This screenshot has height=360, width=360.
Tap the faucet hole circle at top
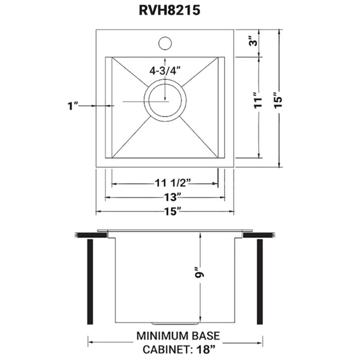tap(165, 43)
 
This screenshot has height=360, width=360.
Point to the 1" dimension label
tap(72, 105)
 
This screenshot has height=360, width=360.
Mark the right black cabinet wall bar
tap(260, 278)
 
